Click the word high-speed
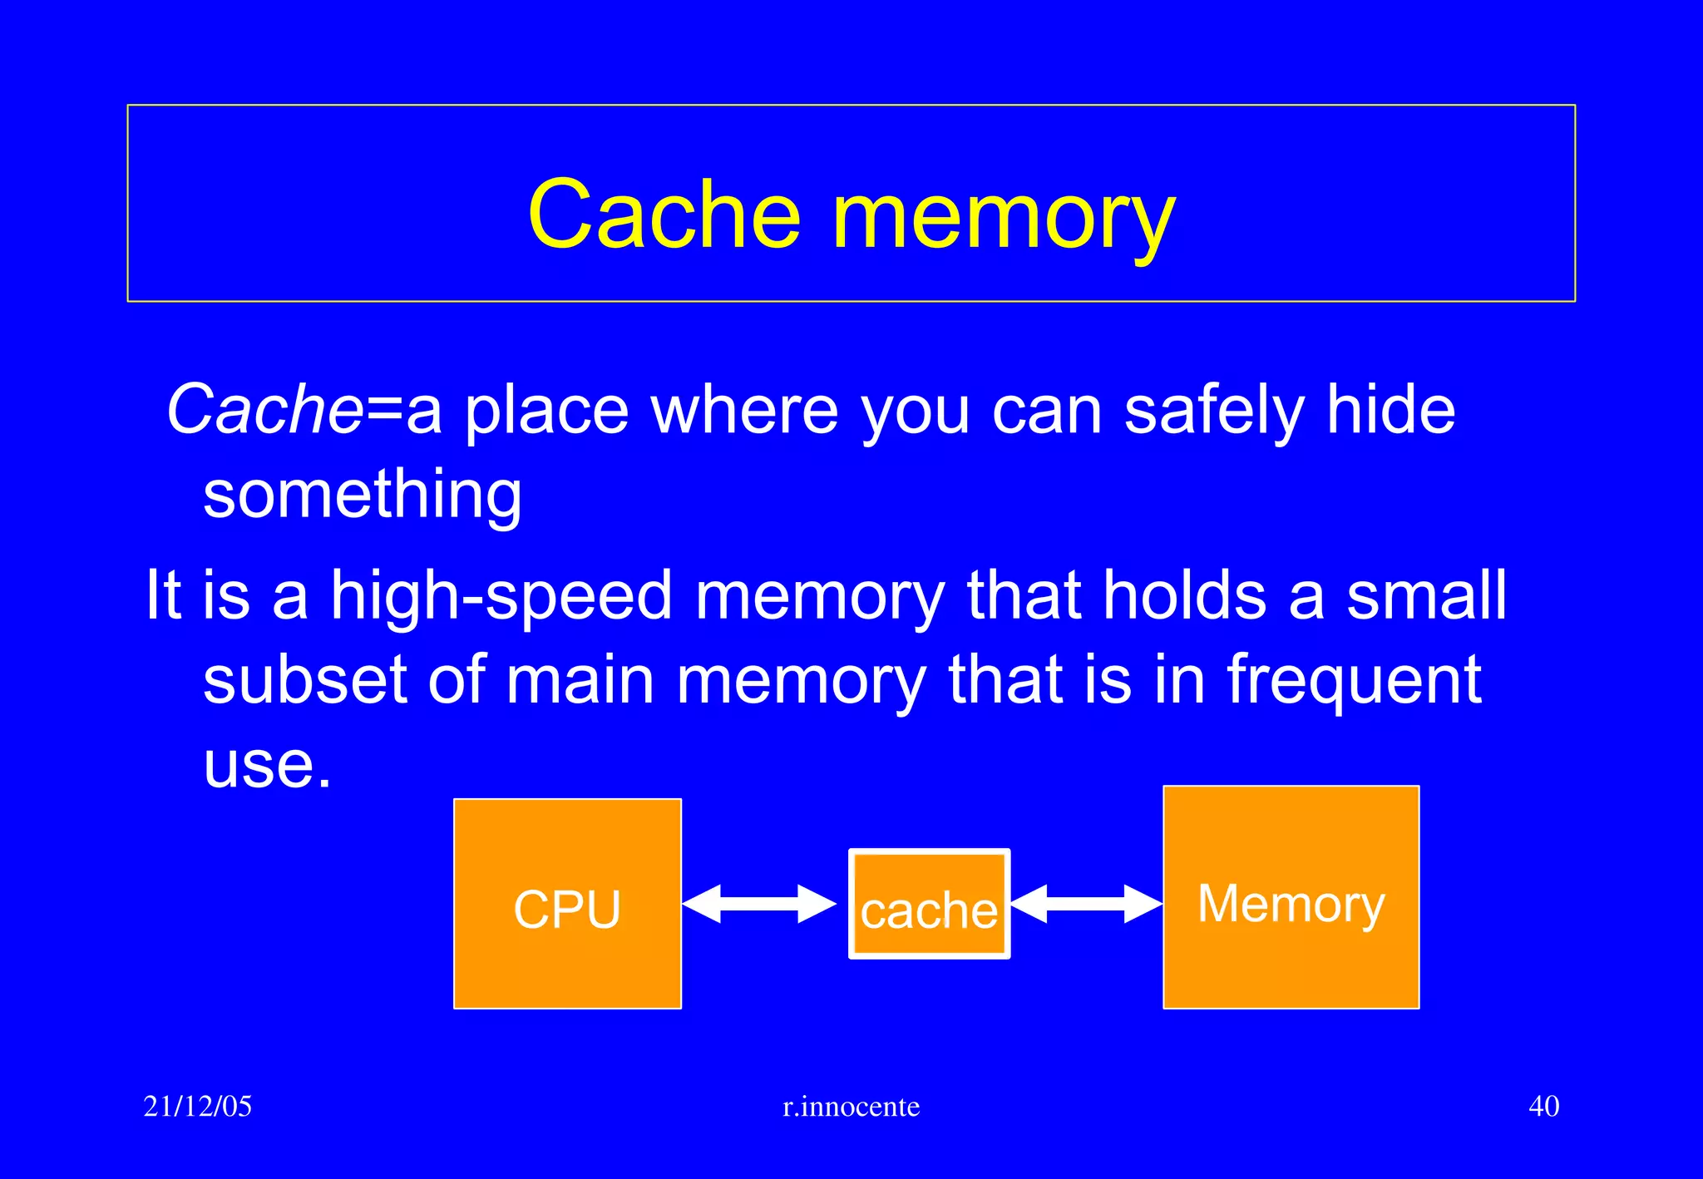501,596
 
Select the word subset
304,680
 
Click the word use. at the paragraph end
267,764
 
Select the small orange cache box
929,905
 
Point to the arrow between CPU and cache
759,904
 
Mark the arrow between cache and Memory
1086,904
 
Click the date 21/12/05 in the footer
198,1106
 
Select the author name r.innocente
851,1107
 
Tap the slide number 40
1543,1106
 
